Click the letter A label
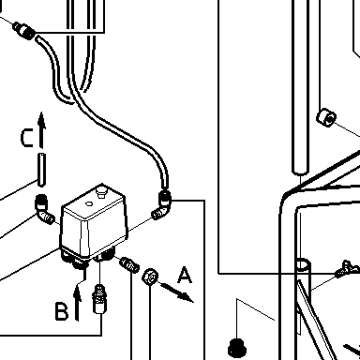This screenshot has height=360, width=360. click(185, 275)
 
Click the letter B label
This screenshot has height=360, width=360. click(62, 311)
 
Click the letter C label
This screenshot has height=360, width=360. click(27, 138)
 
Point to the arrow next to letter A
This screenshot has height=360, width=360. click(176, 292)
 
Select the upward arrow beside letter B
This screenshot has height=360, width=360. click(77, 302)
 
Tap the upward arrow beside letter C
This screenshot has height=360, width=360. click(41, 129)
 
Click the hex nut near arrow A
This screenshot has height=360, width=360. click(150, 277)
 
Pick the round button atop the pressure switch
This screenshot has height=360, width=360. click(101, 190)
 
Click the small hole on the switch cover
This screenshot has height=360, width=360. click(89, 204)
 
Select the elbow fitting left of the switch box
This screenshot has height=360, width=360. click(43, 209)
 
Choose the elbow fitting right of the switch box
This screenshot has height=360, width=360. click(162, 205)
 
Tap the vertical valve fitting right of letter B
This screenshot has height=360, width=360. click(99, 299)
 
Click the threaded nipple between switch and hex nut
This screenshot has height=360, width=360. click(129, 264)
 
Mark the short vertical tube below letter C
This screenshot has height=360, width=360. click(41, 170)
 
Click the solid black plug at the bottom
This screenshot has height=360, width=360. click(237, 347)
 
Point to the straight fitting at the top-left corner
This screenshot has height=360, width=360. click(23, 30)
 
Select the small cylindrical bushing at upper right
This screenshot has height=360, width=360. click(326, 117)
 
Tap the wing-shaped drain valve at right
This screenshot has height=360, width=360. click(347, 269)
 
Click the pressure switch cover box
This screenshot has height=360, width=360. click(94, 220)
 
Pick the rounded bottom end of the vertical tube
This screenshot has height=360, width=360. click(300, 172)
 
